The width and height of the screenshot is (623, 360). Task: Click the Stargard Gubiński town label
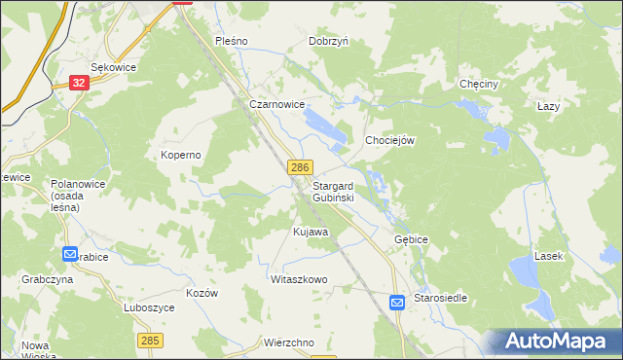click(333, 191)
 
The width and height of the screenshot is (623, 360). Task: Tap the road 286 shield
click(299, 168)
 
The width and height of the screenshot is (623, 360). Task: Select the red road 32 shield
click(80, 84)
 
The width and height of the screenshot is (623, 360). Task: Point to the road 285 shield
click(149, 340)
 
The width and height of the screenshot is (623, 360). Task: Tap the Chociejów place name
click(390, 140)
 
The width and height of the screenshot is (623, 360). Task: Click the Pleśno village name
click(233, 42)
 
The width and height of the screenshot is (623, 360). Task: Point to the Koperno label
click(180, 155)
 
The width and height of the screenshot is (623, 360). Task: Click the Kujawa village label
click(311, 233)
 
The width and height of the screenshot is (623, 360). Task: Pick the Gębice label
click(412, 239)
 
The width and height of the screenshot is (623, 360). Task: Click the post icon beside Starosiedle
click(397, 303)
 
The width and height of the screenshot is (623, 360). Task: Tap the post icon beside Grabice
click(69, 255)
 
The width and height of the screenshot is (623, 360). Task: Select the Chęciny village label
click(479, 85)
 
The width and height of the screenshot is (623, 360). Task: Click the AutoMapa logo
click(558, 341)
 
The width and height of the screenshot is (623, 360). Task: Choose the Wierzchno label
click(288, 342)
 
